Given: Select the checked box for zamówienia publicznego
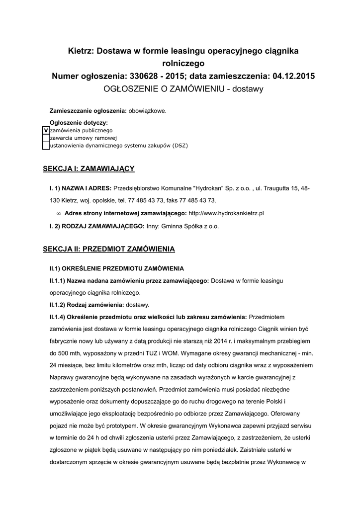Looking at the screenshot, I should point(46,130).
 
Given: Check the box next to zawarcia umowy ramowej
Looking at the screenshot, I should point(46,138).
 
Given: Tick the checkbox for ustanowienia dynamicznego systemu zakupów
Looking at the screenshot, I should point(46,146).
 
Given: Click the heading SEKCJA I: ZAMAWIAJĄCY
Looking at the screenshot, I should point(89,169).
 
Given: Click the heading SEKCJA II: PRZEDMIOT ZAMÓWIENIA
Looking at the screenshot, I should point(109,248).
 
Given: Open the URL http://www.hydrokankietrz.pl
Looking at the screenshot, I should point(226,213).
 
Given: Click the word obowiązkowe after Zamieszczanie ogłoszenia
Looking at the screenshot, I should point(148,110).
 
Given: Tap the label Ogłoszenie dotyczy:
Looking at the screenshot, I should point(79,122).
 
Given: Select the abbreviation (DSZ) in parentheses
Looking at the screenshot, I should point(180,146).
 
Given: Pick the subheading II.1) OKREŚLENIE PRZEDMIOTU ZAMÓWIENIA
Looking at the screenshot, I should point(109,268).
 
